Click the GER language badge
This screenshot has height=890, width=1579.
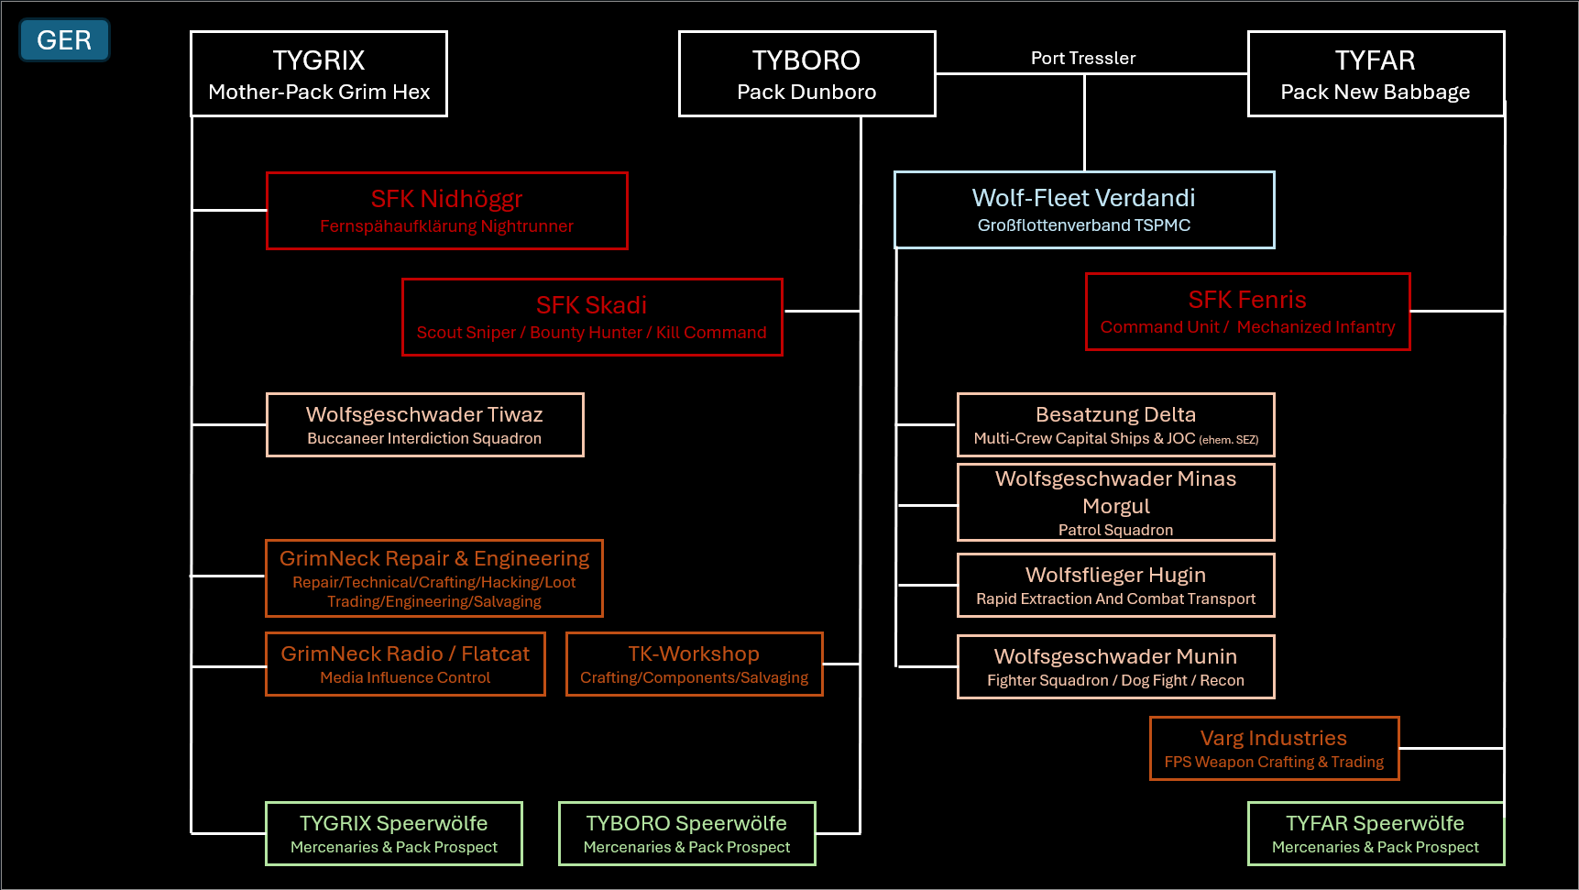pyautogui.click(x=64, y=40)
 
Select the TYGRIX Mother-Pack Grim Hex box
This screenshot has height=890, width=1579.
pyautogui.click(x=319, y=74)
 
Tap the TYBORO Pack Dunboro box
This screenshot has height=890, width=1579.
pyautogui.click(x=806, y=74)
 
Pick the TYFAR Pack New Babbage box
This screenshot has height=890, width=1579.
pyautogui.click(x=1375, y=74)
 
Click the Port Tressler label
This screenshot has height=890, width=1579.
pyautogui.click(x=1083, y=59)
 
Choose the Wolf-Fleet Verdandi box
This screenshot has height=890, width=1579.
pyautogui.click(x=1083, y=210)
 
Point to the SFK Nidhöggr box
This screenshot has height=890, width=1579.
pyautogui.click(x=446, y=211)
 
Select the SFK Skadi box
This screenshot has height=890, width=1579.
pyautogui.click(x=592, y=317)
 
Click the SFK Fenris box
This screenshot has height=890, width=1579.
pyautogui.click(x=1247, y=312)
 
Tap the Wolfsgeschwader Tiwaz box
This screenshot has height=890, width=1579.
pyautogui.click(x=424, y=424)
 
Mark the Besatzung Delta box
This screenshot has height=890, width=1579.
pyautogui.click(x=1115, y=424)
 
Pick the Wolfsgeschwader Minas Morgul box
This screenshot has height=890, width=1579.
pyautogui.click(x=1115, y=502)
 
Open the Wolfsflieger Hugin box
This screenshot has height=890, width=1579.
pyautogui.click(x=1115, y=585)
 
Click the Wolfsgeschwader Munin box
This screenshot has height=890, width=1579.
pyautogui.click(x=1115, y=666)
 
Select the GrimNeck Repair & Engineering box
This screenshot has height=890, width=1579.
pyautogui.click(x=433, y=578)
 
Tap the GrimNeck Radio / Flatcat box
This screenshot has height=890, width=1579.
pyautogui.click(x=405, y=664)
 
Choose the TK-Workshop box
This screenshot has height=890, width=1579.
pyautogui.click(x=694, y=664)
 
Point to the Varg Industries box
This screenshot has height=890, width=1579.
pyautogui.click(x=1274, y=748)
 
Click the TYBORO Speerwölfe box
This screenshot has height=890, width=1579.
pyautogui.click(x=686, y=833)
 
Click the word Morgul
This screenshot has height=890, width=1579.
pyautogui.click(x=1115, y=507)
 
